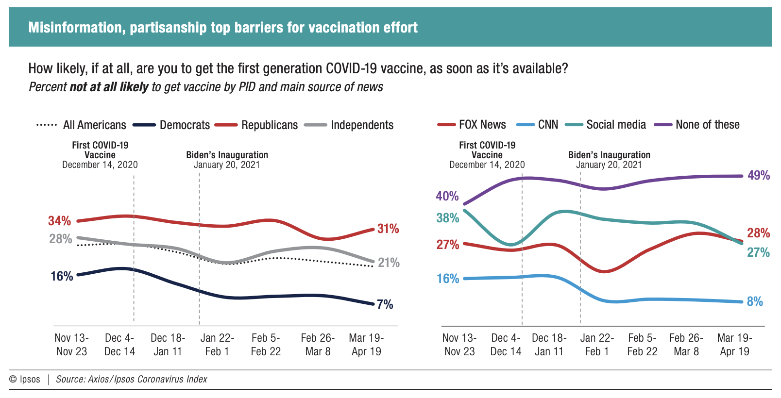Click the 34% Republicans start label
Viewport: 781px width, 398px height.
pyautogui.click(x=59, y=221)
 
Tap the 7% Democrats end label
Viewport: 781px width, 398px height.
pyautogui.click(x=385, y=304)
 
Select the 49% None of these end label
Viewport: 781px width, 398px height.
pyautogui.click(x=758, y=175)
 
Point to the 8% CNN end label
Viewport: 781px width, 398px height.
pyautogui.click(x=755, y=301)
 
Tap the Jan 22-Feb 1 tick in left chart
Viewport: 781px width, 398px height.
pyautogui.click(x=217, y=345)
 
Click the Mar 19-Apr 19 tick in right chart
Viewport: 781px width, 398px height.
pyautogui.click(x=734, y=345)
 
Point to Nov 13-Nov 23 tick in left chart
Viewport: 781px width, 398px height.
pyautogui.click(x=71, y=345)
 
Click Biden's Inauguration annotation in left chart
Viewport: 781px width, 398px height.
pyautogui.click(x=227, y=160)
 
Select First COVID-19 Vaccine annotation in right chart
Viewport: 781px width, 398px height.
pyautogui.click(x=487, y=155)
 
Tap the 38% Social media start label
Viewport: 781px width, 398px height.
pyautogui.click(x=447, y=218)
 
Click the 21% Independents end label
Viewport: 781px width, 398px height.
pyautogui.click(x=389, y=263)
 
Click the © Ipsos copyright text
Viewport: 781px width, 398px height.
pyautogui.click(x=25, y=379)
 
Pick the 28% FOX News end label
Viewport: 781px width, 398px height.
pyautogui.click(x=758, y=233)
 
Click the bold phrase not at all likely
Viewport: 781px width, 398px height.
pyautogui.click(x=109, y=87)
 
